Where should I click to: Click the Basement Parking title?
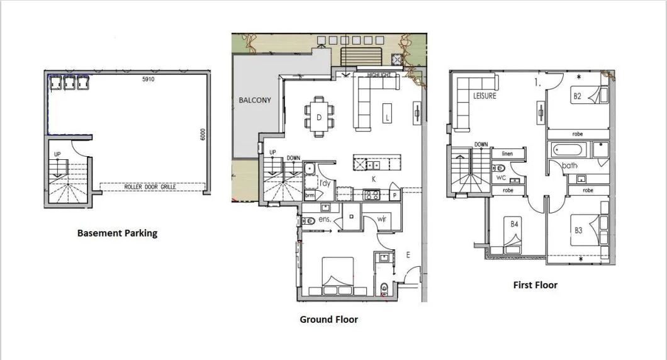[x=117, y=233]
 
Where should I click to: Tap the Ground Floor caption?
[x=328, y=320]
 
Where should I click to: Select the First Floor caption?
[x=535, y=285]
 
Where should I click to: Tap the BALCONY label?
[x=255, y=100]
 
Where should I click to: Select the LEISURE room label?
[x=485, y=96]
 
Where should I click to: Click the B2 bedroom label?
[x=576, y=96]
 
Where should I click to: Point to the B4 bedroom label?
[x=514, y=223]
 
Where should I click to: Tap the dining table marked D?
[x=319, y=116]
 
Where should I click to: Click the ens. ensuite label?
[x=325, y=220]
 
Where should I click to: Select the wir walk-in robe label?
[x=381, y=219]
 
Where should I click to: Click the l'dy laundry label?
[x=325, y=183]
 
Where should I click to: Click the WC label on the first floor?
[x=502, y=178]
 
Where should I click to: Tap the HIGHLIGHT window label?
[x=379, y=75]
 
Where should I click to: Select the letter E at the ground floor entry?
[x=408, y=255]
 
